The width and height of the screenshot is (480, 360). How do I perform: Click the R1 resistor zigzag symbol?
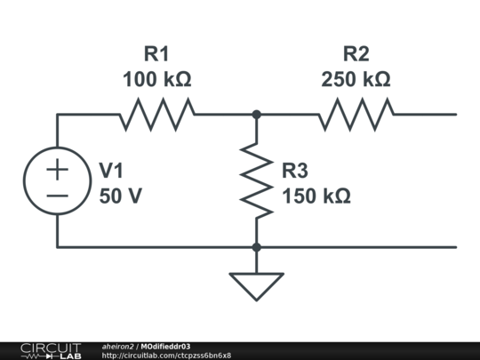156,115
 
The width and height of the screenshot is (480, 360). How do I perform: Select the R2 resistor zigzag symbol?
356,115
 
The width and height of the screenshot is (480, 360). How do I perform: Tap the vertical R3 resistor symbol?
257,181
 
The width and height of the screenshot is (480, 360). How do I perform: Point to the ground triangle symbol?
257,286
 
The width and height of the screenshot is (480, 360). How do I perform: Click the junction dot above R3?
257,115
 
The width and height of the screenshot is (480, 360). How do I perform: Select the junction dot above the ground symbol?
257,247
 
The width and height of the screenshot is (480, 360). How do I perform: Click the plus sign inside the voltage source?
57,169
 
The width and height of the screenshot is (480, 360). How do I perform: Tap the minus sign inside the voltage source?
57,196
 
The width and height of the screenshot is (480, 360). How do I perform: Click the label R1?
156,53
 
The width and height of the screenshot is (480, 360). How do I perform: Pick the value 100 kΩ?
157,79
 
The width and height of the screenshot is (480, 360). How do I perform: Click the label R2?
356,53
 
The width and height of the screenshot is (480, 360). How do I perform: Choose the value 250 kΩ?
356,79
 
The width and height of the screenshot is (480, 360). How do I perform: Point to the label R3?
295,171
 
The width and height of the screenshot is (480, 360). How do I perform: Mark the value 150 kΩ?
316,196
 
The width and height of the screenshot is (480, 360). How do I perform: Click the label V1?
111,171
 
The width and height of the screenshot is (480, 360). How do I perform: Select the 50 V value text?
121,196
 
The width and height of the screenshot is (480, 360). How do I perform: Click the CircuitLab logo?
52,351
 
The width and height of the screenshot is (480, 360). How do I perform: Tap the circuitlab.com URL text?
166,356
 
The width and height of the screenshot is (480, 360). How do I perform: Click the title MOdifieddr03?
165,347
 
